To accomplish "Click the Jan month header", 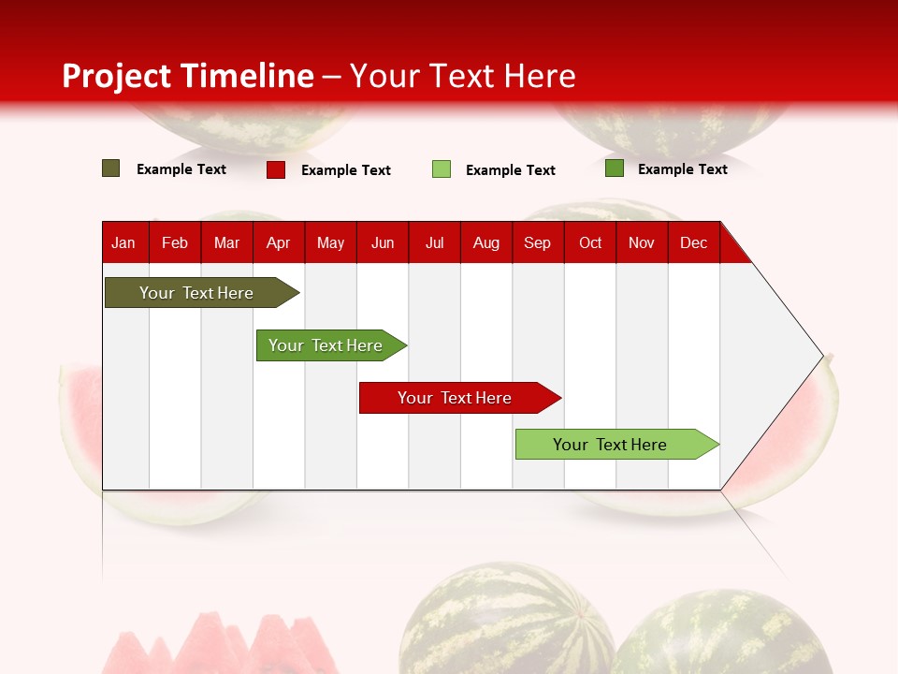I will [123, 242].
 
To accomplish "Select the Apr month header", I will [278, 242].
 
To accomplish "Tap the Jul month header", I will [434, 242].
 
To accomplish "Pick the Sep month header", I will [537, 242].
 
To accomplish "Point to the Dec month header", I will [693, 242].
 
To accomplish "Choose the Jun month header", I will [383, 242].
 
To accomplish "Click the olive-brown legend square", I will [110, 168].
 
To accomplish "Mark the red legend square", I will [275, 169].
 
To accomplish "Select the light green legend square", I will [442, 169].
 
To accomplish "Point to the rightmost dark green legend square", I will [614, 168].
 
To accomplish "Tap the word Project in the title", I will [117, 76].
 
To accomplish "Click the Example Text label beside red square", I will [345, 170].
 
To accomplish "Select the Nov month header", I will [642, 242].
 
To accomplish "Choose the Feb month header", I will [175, 242].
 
